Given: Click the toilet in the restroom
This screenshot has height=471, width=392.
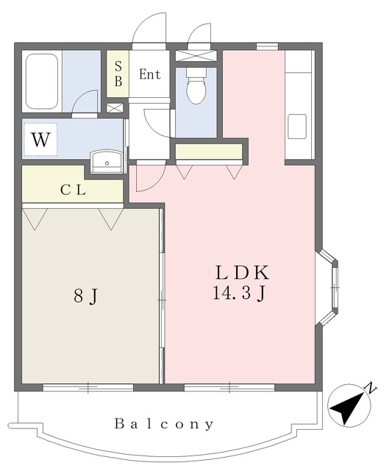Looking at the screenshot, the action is tap(196, 85).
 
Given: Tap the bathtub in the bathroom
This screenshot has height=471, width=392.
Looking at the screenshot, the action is tap(42, 82).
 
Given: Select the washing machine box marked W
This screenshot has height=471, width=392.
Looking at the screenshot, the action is tap(40, 139).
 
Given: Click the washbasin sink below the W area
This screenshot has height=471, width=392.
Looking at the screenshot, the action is tap(107, 161).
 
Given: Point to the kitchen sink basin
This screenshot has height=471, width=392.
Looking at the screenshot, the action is tap(297, 127).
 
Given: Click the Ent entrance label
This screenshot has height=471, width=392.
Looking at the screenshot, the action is tap(150, 74).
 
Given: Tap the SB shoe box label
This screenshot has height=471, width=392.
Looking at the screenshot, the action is tap(118, 74).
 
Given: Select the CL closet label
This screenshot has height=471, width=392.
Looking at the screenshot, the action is tap(73, 190).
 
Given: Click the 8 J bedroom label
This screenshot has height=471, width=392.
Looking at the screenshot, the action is tap(86, 297).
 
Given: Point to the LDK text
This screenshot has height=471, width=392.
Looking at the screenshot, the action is tap(242, 273).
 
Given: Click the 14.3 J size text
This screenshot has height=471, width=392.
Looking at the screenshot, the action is tap(239, 293).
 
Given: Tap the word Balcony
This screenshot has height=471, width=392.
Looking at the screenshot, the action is tap(164, 424).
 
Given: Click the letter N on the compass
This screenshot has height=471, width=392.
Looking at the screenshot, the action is tap(371, 388).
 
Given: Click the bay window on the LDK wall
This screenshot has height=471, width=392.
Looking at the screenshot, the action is tap(327, 287).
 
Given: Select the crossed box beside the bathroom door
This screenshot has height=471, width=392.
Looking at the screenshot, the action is tap(115, 108).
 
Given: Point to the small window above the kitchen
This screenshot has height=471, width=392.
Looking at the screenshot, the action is tap(267, 46).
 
